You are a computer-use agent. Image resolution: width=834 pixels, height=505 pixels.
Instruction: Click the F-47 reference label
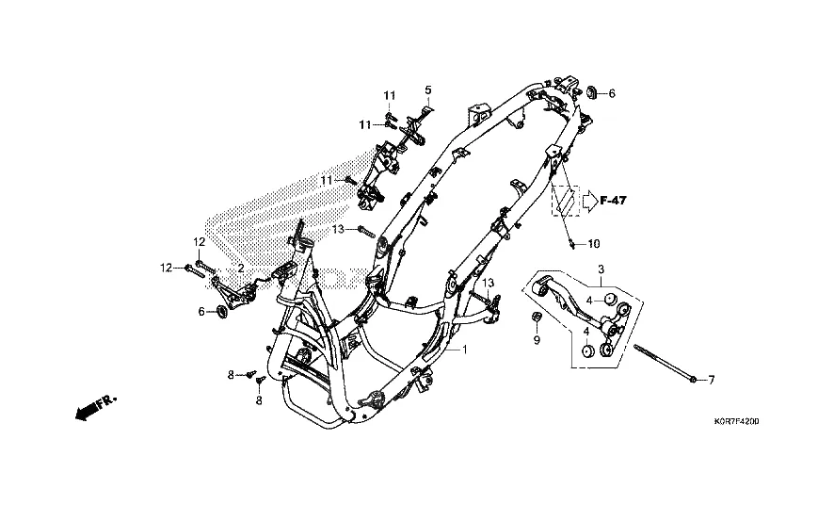tap(613, 201)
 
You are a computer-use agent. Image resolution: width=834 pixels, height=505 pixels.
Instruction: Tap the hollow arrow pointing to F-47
tap(589, 201)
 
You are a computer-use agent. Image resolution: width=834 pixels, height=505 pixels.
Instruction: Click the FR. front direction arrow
tap(95, 408)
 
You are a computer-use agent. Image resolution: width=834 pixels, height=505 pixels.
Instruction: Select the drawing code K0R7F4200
tap(736, 421)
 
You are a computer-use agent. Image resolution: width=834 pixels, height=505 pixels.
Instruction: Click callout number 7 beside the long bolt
tap(711, 380)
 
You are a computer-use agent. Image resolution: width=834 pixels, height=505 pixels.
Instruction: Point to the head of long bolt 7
tap(693, 379)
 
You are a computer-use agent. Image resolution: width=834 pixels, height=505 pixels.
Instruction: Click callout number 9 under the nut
tap(537, 339)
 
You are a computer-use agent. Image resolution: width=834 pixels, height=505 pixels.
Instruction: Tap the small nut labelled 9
tap(537, 318)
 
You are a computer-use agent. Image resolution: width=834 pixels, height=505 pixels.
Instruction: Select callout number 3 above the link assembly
tap(601, 269)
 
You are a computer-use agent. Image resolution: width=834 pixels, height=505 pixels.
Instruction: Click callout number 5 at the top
tap(428, 90)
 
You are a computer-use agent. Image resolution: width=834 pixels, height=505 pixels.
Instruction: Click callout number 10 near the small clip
tap(594, 244)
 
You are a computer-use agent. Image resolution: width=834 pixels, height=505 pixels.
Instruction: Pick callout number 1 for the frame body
tap(464, 350)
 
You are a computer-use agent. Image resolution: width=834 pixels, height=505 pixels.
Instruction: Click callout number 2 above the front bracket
tap(241, 269)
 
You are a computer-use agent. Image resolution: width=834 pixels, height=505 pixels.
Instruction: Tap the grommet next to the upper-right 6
tap(592, 91)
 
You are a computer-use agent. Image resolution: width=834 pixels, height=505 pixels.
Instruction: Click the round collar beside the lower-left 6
tap(222, 312)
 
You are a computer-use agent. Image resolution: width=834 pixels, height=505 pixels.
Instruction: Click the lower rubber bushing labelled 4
tap(587, 352)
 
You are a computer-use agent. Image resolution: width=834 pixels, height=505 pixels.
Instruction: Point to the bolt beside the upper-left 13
tap(366, 232)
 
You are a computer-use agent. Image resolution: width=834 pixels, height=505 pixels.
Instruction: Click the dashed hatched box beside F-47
tap(565, 201)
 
